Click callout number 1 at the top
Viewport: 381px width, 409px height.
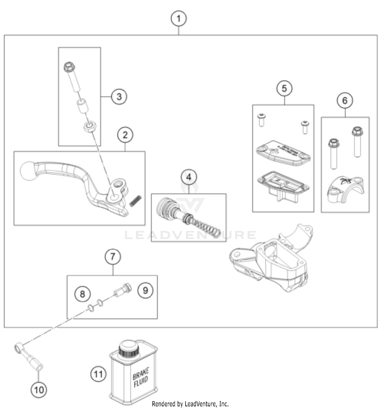pyautogui.click(x=179, y=19)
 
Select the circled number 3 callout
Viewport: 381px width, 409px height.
pyautogui.click(x=119, y=96)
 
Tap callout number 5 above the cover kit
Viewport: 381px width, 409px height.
pyautogui.click(x=284, y=88)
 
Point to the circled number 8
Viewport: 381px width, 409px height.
pyautogui.click(x=82, y=294)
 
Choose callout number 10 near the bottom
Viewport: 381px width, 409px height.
pyautogui.click(x=39, y=389)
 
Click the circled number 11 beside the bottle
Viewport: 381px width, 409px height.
pyautogui.click(x=99, y=374)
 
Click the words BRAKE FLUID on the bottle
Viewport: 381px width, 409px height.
pyautogui.click(x=141, y=377)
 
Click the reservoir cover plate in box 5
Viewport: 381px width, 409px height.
pyautogui.click(x=283, y=152)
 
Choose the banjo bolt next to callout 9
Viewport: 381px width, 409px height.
pyautogui.click(x=123, y=290)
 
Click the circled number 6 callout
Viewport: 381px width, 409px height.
pyautogui.click(x=345, y=100)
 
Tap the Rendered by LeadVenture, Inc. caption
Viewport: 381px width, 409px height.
pyautogui.click(x=190, y=404)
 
